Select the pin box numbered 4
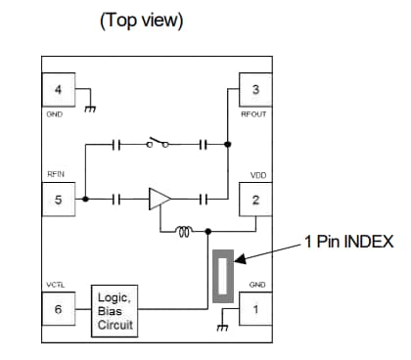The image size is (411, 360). [58, 91]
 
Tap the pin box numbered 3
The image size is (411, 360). [255, 91]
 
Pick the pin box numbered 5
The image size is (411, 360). [58, 201]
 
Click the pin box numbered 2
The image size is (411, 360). [255, 201]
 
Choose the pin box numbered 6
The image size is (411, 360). [58, 309]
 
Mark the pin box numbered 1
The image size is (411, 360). [255, 309]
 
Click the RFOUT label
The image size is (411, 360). [254, 113]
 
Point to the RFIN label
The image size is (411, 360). [56, 176]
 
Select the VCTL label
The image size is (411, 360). [56, 285]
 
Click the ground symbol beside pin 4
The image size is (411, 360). [90, 109]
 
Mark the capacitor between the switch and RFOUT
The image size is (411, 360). [204, 144]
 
